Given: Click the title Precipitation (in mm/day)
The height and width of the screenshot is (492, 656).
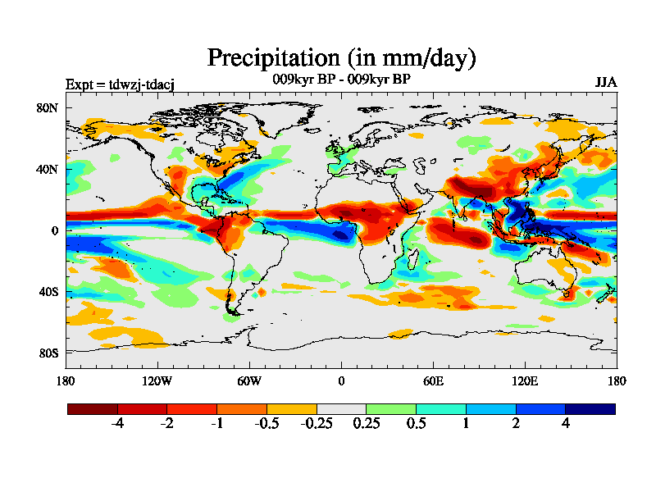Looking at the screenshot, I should (341, 58).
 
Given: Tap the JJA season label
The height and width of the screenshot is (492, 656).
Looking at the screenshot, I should (606, 83).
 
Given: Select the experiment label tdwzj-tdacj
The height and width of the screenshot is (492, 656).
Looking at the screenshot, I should (120, 83).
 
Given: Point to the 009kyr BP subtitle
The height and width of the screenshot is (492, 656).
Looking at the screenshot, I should (341, 80).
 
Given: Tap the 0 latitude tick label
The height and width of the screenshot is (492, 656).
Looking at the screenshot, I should (55, 230).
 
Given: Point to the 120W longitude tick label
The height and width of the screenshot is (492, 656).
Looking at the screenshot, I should (157, 381).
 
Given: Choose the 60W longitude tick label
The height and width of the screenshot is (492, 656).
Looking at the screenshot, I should (249, 381).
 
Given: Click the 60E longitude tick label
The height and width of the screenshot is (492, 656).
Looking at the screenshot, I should (433, 381).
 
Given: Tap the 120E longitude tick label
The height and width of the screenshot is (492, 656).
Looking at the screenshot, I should (525, 381).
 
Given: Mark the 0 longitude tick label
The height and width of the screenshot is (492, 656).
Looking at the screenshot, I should (341, 381).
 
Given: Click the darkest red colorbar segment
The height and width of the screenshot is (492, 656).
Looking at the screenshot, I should (93, 408).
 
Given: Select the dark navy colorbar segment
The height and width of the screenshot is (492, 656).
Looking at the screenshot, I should (590, 408).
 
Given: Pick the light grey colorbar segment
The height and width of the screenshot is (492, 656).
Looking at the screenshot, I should (341, 408).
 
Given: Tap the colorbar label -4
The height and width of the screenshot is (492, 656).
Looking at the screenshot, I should (117, 424).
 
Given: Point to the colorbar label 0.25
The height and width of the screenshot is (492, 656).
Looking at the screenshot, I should (366, 424).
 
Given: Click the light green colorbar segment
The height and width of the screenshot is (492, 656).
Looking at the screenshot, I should (391, 408).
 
